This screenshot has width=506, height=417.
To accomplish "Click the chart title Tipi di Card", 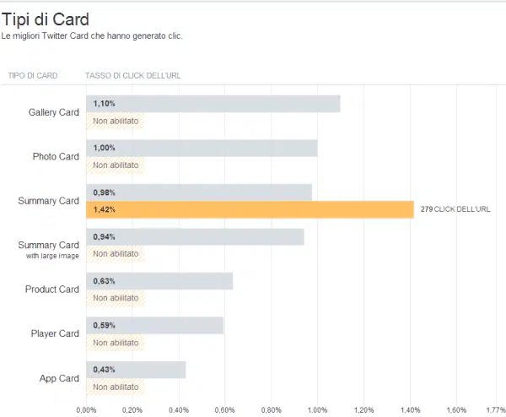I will tap(46, 19).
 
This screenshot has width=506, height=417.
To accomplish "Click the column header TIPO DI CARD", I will tap(33, 75).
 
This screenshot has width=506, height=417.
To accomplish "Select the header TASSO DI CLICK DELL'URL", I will tap(132, 75).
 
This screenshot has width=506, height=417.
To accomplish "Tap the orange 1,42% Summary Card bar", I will tap(250, 209).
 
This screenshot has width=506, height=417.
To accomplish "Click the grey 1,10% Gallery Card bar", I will tap(213, 104).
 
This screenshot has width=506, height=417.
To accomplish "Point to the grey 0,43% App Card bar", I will tap(136, 370).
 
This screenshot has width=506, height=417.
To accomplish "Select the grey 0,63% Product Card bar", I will tap(159, 281).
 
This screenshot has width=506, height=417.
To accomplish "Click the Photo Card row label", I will tap(56, 157).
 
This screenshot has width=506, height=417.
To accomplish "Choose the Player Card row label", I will tap(54, 333).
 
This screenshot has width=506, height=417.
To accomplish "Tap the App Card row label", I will tap(59, 378).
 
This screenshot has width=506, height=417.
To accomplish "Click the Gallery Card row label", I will tap(53, 112).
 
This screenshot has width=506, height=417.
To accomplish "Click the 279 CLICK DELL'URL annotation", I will tap(455, 209).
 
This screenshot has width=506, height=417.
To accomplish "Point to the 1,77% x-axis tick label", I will tap(494, 410).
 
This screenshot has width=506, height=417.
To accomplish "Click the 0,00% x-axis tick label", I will tap(86, 410).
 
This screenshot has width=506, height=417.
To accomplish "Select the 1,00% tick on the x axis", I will tap(317, 410).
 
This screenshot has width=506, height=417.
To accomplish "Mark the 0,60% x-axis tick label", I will tap(224, 410).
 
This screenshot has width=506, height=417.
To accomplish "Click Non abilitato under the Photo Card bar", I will tap(116, 165).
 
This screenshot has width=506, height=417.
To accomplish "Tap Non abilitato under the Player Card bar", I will tap(116, 343).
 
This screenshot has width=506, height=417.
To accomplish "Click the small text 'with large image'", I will tap(52, 256).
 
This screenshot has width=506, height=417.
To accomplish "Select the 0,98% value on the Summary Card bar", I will tap(105, 192).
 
